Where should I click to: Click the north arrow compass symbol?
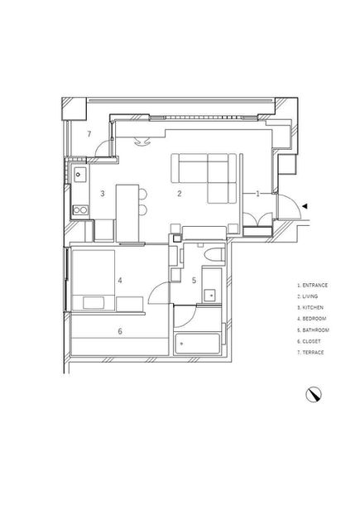click(314, 395)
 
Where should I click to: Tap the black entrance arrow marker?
click(305, 206)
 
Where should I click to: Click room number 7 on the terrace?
click(89, 133)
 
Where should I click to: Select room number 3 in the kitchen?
click(103, 194)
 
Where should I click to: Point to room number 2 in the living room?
click(180, 194)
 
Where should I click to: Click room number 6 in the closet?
click(120, 331)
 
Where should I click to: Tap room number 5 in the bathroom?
click(194, 280)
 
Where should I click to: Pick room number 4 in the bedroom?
click(120, 280)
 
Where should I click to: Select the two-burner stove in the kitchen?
click(80, 210)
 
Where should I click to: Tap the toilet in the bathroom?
click(214, 254)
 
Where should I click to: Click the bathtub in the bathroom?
click(197, 344)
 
